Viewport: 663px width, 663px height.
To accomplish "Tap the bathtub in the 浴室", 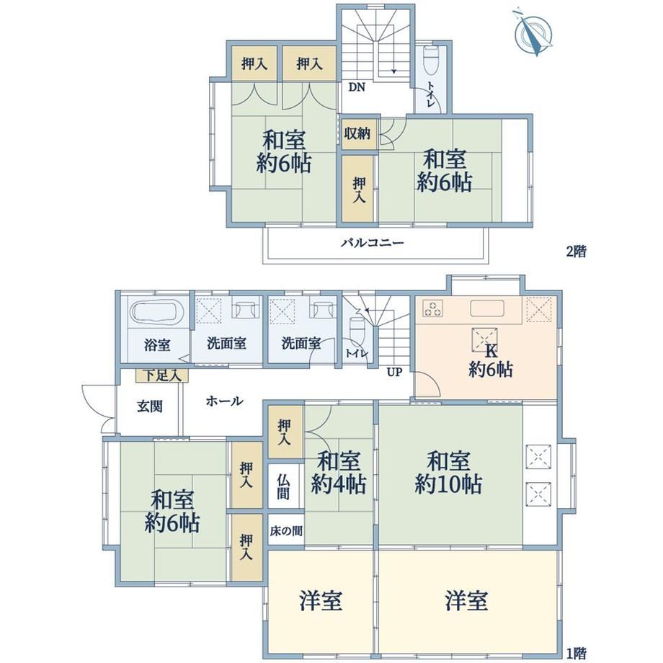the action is pos(157,313).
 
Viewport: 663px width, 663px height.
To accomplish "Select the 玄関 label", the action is pos(150,406).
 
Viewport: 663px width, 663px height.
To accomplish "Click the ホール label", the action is pos(225,401).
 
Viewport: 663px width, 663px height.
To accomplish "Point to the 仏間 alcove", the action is pos(284,486).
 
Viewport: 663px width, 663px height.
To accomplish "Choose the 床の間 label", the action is pos(286,530).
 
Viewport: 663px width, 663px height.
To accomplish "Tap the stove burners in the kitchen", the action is pos(432,308).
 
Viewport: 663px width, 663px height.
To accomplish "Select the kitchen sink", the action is pos(487,308).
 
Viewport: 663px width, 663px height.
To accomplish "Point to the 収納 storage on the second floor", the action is pos(357,133).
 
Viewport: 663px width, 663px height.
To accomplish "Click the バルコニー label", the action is pos(373,243).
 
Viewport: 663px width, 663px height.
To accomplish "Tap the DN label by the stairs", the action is pos(357,87).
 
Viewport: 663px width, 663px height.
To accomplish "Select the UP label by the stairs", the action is pos(394,372).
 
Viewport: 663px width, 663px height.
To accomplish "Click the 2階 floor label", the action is pos(577,252).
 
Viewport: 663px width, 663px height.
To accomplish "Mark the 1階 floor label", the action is pos(576,654).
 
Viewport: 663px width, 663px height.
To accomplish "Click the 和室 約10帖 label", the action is pos(448,473).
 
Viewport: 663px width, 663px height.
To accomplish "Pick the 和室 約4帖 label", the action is pos(339,473).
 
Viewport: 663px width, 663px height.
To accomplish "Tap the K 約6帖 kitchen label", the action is pos(491,360).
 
